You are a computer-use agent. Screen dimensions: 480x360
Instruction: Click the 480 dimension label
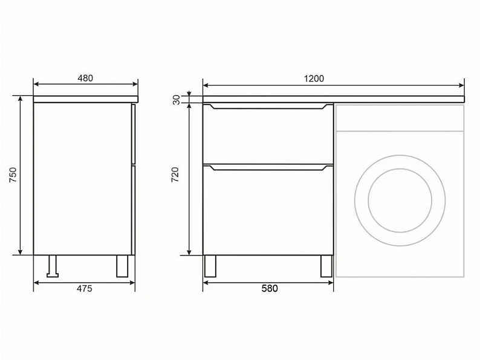pos(85,79)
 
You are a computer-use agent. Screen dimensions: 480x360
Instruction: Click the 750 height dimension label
pos(13,175)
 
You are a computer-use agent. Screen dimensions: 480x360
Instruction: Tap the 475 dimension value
pos(84,289)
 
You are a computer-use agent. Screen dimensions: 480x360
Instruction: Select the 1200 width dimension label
pos(314,79)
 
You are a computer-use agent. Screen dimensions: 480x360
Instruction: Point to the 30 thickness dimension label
pos(177,100)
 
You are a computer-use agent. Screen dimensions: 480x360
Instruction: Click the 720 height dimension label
pos(175,175)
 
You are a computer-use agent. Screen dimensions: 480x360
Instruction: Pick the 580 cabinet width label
pos(270,289)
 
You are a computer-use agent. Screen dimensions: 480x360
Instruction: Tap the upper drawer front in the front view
pos(268,133)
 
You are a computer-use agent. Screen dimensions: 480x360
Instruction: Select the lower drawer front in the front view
pos(268,210)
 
